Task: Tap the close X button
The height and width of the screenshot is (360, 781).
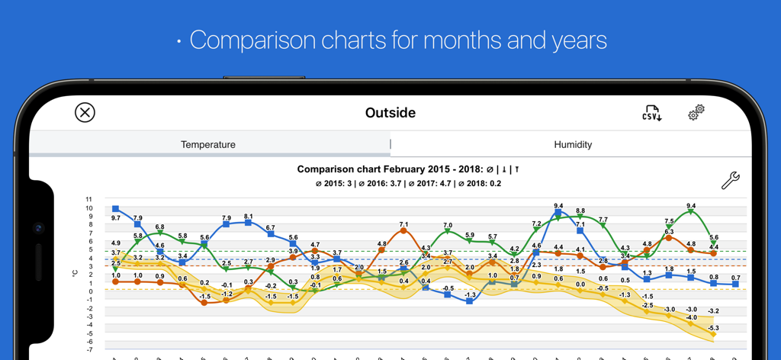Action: [85, 113]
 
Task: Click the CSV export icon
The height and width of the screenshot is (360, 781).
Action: [651, 114]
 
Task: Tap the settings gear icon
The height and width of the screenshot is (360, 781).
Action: [696, 113]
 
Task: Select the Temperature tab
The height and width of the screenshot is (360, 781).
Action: [208, 144]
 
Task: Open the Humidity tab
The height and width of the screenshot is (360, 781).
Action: [573, 144]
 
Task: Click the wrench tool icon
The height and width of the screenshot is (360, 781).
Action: [730, 180]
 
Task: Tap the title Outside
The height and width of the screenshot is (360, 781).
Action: [390, 113]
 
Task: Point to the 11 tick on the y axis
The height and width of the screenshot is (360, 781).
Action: [89, 199]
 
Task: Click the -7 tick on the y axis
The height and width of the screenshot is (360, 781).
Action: [89, 350]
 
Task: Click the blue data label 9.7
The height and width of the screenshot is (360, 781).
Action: [116, 218]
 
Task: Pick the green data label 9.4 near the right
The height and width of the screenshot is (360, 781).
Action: [691, 206]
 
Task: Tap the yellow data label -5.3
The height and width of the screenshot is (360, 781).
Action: [713, 328]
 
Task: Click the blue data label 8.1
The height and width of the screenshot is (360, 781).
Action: [249, 217]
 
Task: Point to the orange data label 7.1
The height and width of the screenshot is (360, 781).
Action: [403, 225]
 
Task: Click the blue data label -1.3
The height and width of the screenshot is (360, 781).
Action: [470, 295]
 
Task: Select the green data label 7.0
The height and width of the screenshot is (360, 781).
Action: [448, 226]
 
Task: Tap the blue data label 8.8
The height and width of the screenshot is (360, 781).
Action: [580, 211]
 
